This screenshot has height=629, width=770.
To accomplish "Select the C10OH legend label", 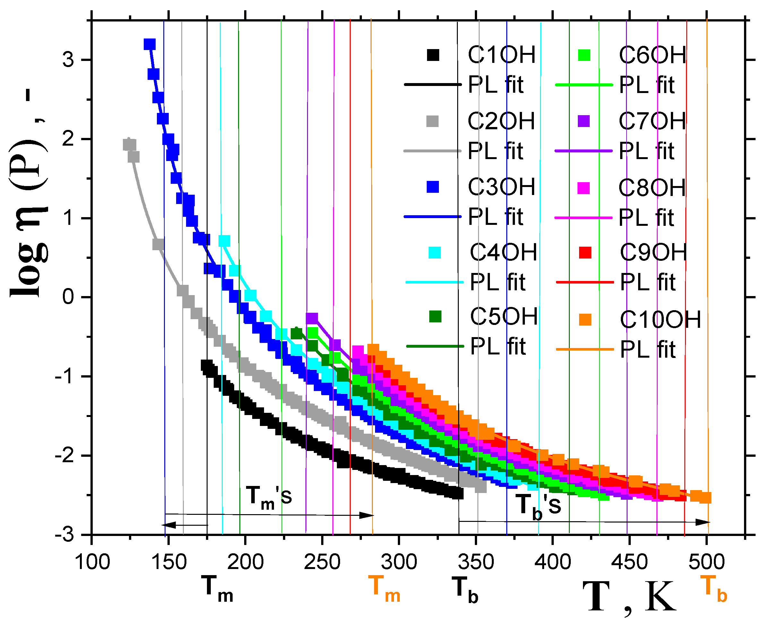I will click(x=660, y=320).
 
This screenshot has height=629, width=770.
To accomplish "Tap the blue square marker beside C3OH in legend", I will click(x=433, y=187).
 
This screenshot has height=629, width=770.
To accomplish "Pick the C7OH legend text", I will click(x=652, y=121).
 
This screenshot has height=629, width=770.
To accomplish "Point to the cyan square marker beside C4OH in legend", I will click(x=434, y=252).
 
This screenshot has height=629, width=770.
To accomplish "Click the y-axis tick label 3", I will click(x=68, y=59).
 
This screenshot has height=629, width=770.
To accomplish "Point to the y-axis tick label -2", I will click(x=65, y=455).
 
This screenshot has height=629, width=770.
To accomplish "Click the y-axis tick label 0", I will click(x=68, y=297).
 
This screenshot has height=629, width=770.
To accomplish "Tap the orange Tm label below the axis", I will click(x=384, y=591).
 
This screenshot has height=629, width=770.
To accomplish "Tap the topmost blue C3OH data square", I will click(x=149, y=45).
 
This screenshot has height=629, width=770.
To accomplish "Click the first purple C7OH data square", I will click(x=312, y=318).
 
